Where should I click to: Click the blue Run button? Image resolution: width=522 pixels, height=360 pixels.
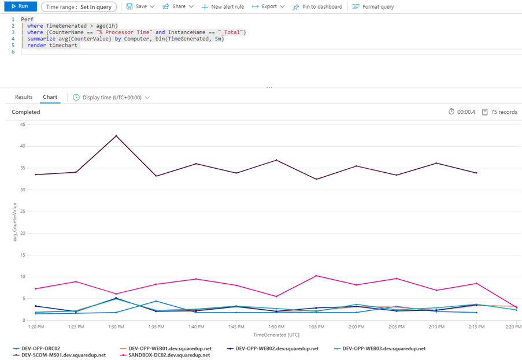click(x=19, y=6)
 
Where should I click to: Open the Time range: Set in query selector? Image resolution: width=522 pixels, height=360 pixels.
click(x=79, y=7)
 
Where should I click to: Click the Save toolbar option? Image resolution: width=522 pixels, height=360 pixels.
click(x=140, y=6)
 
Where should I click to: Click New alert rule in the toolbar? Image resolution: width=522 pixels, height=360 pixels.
click(x=223, y=7)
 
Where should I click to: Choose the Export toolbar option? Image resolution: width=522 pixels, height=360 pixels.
click(x=269, y=6)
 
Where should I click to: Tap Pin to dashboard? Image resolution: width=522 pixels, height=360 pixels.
click(x=317, y=7)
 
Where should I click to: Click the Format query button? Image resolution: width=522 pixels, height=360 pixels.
click(x=373, y=7)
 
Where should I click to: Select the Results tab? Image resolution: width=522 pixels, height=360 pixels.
click(x=24, y=97)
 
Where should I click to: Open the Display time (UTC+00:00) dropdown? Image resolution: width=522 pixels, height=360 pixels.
click(x=112, y=98)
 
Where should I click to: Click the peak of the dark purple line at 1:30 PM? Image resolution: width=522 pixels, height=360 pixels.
click(x=116, y=136)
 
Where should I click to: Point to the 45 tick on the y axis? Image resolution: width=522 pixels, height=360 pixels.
click(x=22, y=124)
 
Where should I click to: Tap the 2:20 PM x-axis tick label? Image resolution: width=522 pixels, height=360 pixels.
click(x=510, y=327)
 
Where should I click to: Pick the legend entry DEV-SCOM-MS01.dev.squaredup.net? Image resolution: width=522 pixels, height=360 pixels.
click(x=63, y=355)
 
